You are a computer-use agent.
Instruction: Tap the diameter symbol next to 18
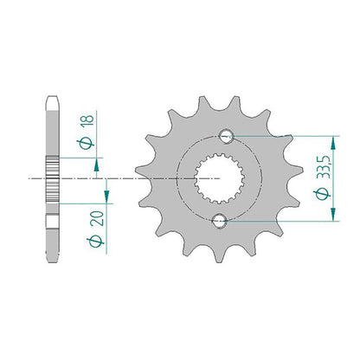click(x=86, y=144)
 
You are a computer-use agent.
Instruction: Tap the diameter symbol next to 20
click(x=95, y=242)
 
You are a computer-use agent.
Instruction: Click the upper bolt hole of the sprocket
click(x=227, y=136)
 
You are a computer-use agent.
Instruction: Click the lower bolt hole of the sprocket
click(x=220, y=222)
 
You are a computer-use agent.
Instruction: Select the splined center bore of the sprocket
click(x=220, y=178)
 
